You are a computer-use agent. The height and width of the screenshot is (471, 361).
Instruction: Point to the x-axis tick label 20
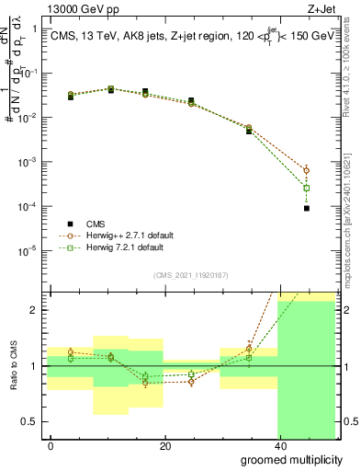165,446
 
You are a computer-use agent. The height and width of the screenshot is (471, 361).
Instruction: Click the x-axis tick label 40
279,446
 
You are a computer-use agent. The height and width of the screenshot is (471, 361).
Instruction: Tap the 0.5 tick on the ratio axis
31,421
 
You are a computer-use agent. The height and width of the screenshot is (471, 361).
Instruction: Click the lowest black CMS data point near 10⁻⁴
307,208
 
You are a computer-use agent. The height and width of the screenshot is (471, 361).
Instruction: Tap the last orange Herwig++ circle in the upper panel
307,170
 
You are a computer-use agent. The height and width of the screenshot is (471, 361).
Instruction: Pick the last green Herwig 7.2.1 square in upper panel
307,188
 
